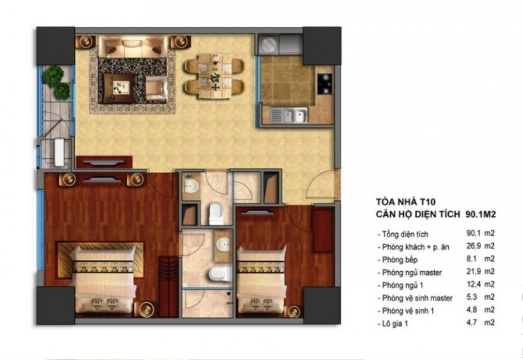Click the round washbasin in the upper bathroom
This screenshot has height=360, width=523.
click(x=191, y=186)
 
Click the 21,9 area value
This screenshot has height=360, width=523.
click(x=472, y=272)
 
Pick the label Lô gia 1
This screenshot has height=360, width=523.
click(x=396, y=323)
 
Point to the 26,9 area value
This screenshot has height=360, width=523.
click(x=472, y=246)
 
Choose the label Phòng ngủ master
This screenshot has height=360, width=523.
click(x=411, y=272)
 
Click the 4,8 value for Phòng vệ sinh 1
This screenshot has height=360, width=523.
click(x=472, y=310)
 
